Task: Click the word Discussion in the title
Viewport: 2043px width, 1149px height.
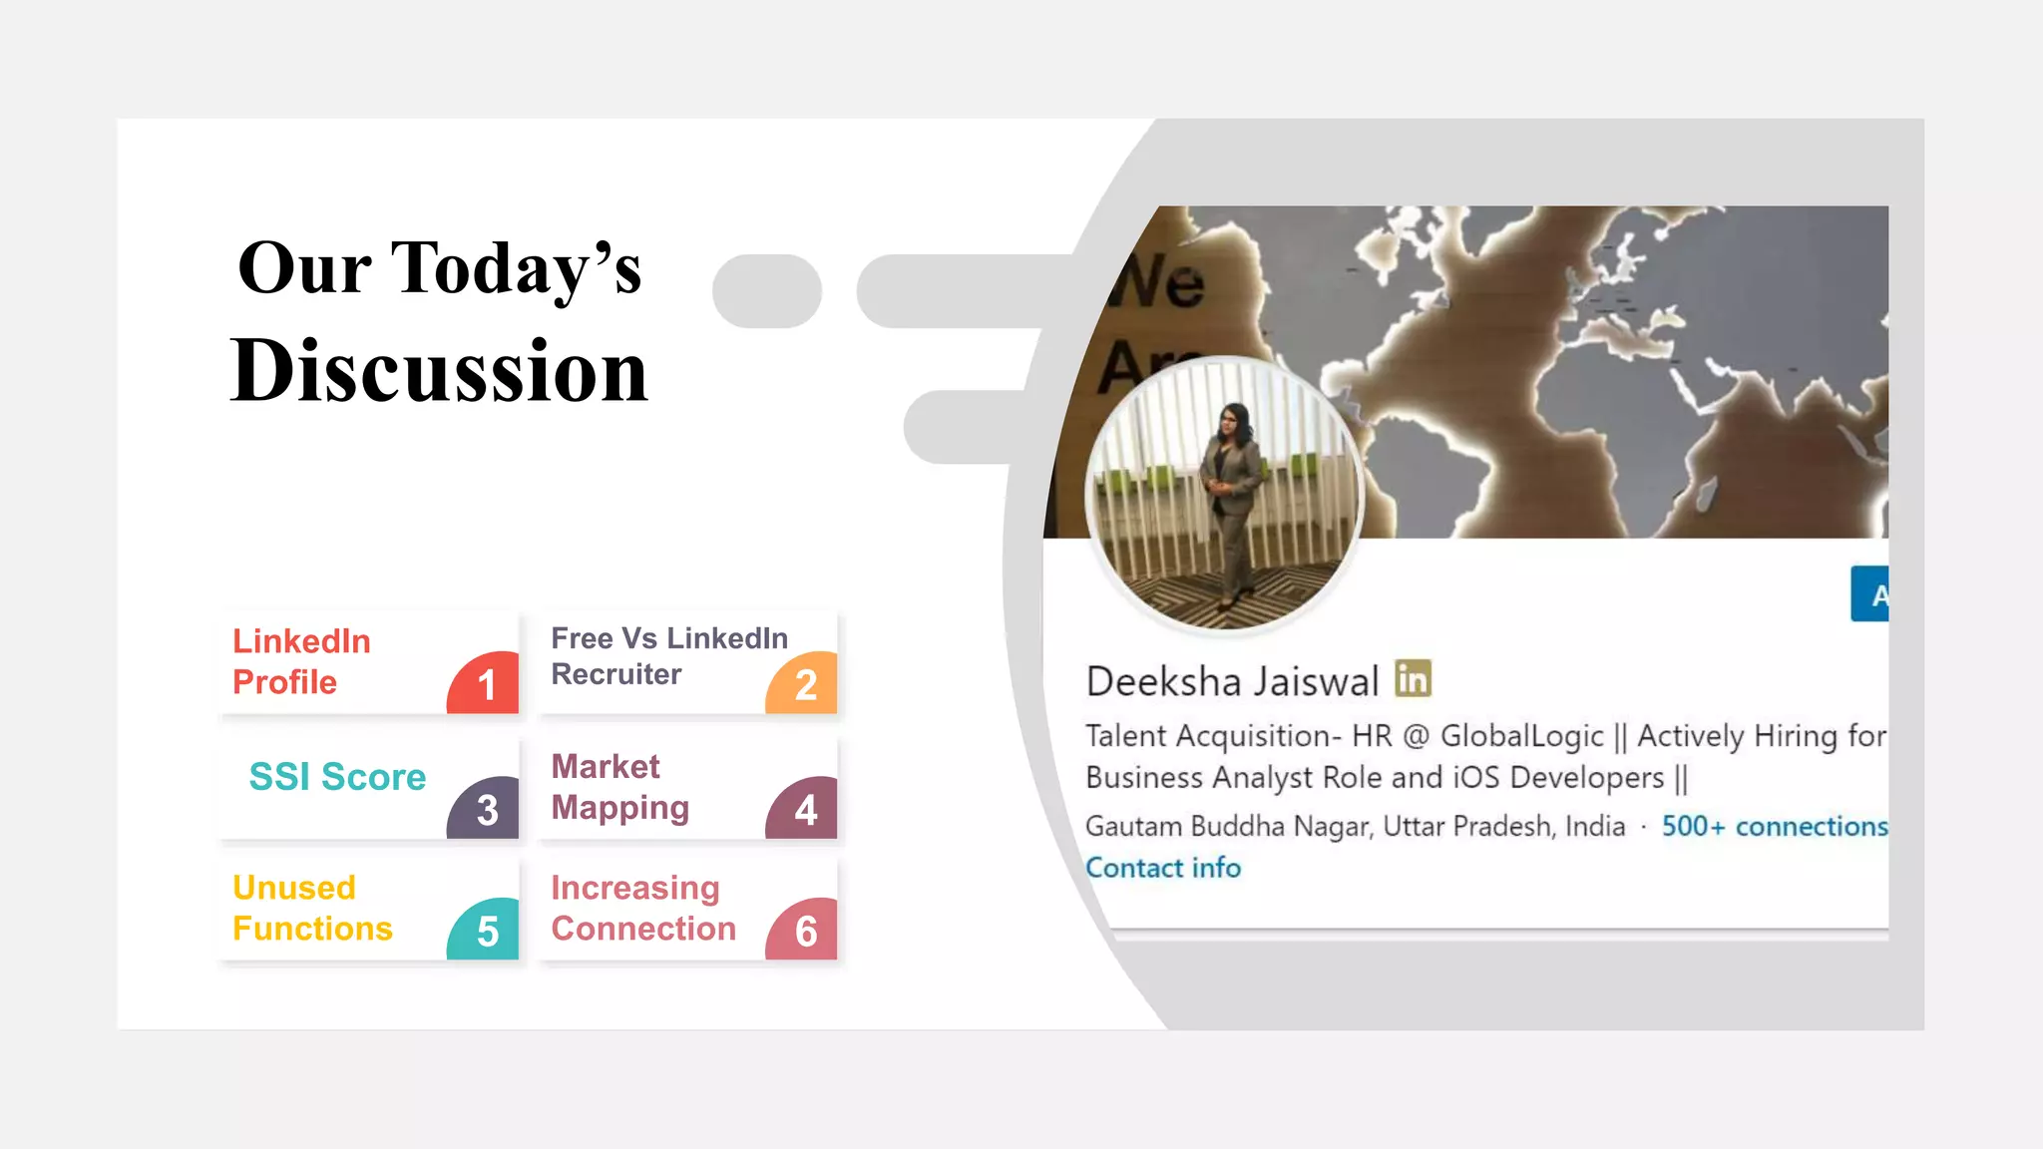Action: [439, 371]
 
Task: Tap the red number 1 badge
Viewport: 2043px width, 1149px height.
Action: [486, 684]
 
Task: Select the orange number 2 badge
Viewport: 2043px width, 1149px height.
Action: [804, 684]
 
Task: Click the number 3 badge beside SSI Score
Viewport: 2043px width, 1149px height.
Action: [486, 809]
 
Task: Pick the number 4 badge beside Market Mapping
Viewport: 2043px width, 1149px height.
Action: [804, 809]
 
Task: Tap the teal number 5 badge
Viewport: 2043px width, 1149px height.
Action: [486, 932]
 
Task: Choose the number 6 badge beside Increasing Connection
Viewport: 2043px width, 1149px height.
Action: [804, 932]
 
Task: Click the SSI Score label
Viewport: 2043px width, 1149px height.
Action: [337, 777]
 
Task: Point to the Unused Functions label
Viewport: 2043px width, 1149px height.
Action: [312, 909]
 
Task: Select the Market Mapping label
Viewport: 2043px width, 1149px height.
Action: [619, 788]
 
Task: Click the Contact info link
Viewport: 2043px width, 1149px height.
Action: [1162, 868]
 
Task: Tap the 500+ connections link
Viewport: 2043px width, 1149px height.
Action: [1774, 827]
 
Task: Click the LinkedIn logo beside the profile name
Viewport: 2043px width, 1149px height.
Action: [1413, 679]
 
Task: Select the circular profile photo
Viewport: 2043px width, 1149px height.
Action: [1224, 495]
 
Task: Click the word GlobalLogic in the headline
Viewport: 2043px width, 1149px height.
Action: [1521, 736]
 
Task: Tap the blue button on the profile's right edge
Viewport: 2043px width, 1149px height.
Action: [1870, 594]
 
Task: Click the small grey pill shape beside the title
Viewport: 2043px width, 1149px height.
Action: [766, 291]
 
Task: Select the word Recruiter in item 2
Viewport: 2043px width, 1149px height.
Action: [616, 675]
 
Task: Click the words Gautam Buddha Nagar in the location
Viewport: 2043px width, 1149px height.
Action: [1228, 827]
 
